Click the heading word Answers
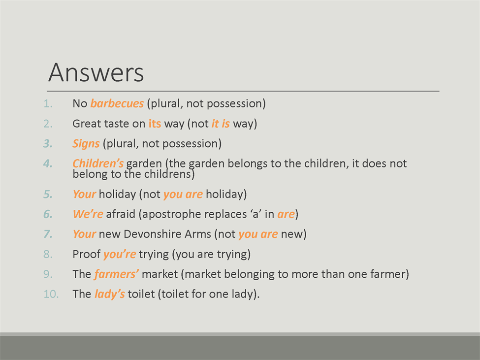point(96,73)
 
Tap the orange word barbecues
point(117,103)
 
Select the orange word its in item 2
point(155,124)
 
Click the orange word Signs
point(86,144)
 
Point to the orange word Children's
point(98,164)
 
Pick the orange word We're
point(88,214)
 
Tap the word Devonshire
point(167,234)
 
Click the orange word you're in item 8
point(120,255)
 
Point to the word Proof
point(86,254)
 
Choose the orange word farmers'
point(116,274)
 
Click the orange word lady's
point(109,294)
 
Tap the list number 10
point(51,294)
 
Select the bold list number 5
point(48,194)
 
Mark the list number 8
point(48,254)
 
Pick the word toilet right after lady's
point(141,294)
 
